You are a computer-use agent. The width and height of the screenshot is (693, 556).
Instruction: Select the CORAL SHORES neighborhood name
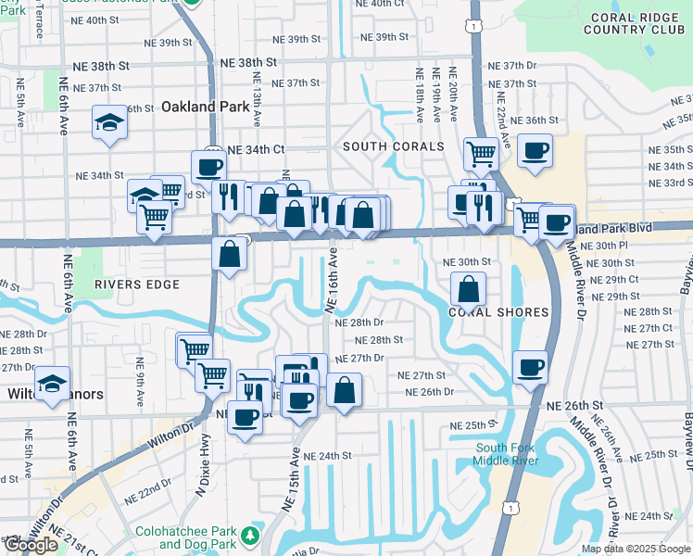(498, 312)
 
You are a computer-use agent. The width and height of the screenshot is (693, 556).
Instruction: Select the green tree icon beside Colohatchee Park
(249, 536)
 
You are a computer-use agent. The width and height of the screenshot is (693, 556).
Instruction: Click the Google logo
(31, 546)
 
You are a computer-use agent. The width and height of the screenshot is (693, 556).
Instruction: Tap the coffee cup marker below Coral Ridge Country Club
(535, 150)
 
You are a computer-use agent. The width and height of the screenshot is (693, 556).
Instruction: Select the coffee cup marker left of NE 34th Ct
(208, 167)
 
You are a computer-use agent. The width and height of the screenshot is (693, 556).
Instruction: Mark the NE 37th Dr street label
(518, 66)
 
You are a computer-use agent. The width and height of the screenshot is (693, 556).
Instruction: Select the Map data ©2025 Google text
(636, 549)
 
